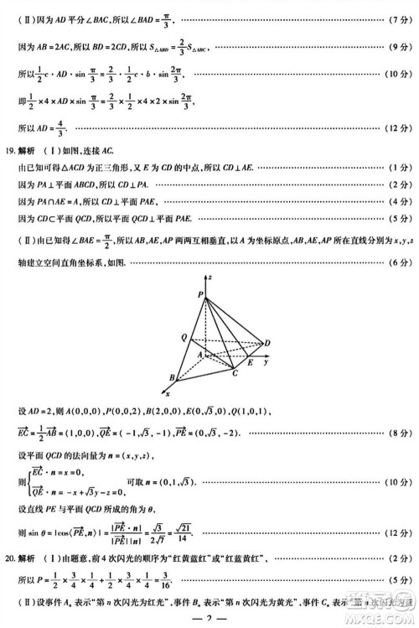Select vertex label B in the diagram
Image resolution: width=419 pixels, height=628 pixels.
click(x=171, y=377)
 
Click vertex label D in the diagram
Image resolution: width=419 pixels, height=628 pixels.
click(x=267, y=343)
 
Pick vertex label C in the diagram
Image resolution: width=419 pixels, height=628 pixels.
click(x=235, y=371)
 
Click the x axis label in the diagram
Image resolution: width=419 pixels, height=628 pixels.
click(x=168, y=393)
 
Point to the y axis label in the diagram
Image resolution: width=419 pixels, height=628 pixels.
click(x=266, y=364)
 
